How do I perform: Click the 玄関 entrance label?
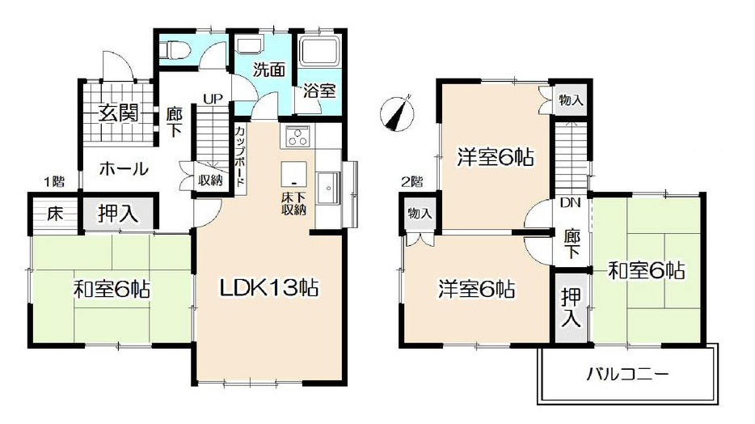(x=118, y=113)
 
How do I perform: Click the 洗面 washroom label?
(x=268, y=70)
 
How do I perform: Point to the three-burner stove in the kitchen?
(x=297, y=137)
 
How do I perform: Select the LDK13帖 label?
(x=269, y=286)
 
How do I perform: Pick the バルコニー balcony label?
(x=627, y=375)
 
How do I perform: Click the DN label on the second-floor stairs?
(x=571, y=203)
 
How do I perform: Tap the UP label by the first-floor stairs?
(x=213, y=100)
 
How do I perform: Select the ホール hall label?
(x=124, y=169)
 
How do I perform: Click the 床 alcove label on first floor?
(x=54, y=214)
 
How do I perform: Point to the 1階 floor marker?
(x=55, y=180)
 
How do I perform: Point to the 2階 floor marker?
(x=411, y=180)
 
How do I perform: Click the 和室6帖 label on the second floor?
(x=647, y=270)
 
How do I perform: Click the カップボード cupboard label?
(x=239, y=157)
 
